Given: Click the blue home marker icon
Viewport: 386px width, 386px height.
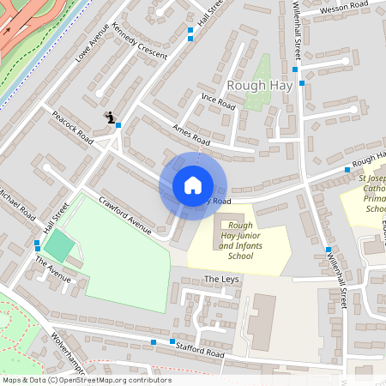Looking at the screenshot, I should pos(193,185).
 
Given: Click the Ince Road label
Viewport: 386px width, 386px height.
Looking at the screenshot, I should pos(218,102).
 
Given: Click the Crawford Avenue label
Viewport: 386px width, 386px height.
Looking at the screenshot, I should pos(125,216).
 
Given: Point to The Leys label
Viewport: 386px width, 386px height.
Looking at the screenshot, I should pos(221,280).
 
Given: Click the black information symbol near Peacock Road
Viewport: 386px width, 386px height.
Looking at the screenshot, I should pos(109,117).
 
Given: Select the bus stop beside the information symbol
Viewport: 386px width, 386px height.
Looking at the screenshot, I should pos(118,125).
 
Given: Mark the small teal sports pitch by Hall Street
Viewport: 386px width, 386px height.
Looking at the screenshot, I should pos(58,247).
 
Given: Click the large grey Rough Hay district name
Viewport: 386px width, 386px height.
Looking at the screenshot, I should pos(261,85).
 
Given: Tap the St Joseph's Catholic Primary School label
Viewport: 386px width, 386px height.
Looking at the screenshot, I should pos(371,193).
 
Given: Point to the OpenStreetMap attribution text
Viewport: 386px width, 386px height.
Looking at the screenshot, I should pos(86,380).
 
